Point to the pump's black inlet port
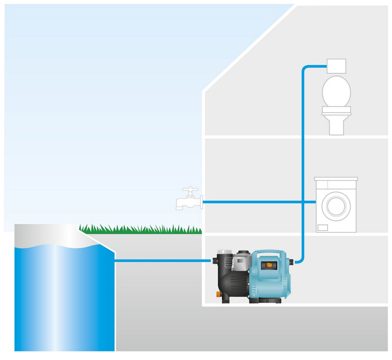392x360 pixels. (x=215, y=260)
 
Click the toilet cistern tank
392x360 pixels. (x=336, y=65)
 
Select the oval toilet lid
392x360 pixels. (x=336, y=91)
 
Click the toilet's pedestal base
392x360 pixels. (x=336, y=125)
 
